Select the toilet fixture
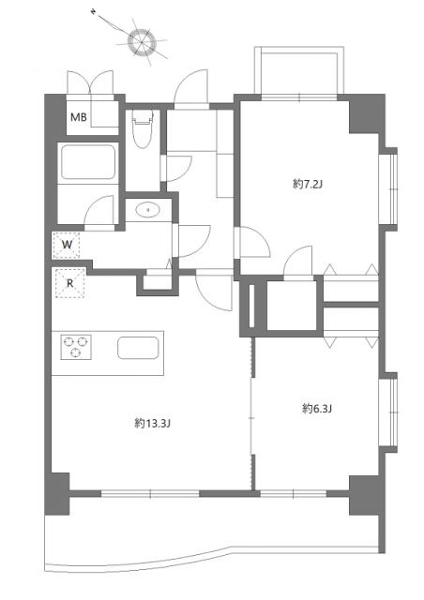click(x=143, y=130)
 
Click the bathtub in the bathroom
click(x=86, y=165)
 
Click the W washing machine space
click(x=67, y=246)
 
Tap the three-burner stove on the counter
click(x=75, y=348)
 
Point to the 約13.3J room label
click(x=152, y=423)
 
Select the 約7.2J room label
click(x=307, y=185)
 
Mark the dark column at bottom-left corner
click(x=56, y=494)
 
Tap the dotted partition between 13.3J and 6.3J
click(x=251, y=412)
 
